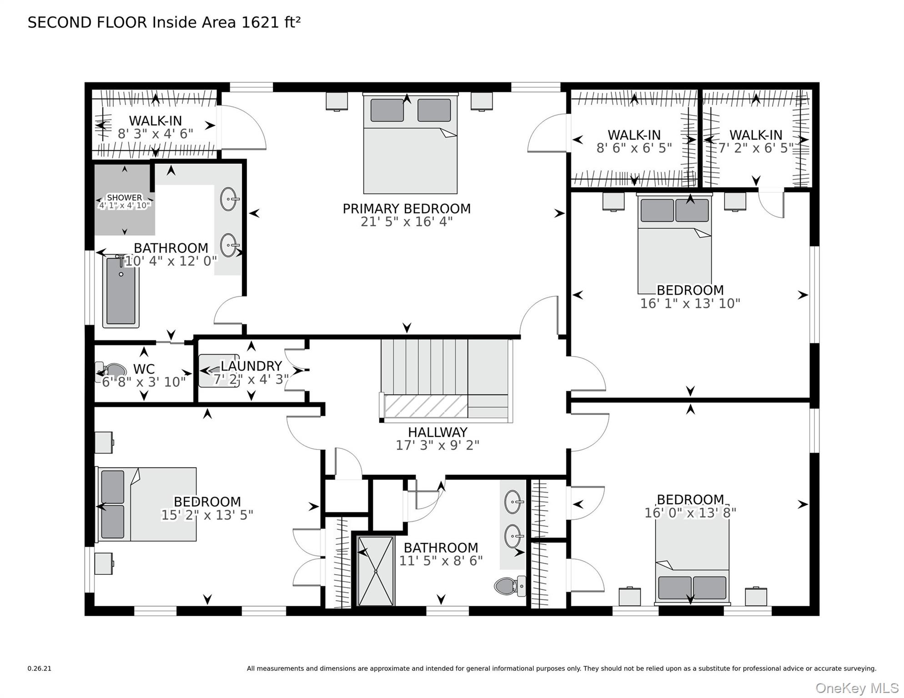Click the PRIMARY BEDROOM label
coord(407,209)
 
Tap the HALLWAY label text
coord(437,432)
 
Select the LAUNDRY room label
coord(251,366)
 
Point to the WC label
coord(144,369)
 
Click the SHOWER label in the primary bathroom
coord(124,198)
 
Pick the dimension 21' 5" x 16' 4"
coord(407,222)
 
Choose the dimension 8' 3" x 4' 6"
coord(156,134)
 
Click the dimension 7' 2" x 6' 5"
coord(756,148)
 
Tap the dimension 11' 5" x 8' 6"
coord(441,561)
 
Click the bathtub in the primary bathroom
coord(121,291)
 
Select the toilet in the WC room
coord(110,372)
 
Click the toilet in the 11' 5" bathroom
coord(510,586)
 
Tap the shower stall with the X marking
coord(376,571)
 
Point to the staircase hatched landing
coord(426,406)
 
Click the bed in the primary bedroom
coord(410,144)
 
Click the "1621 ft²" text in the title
coord(271,22)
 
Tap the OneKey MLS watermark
coord(857,688)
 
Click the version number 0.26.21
coord(40,668)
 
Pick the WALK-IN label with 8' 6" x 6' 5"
coord(634,135)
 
